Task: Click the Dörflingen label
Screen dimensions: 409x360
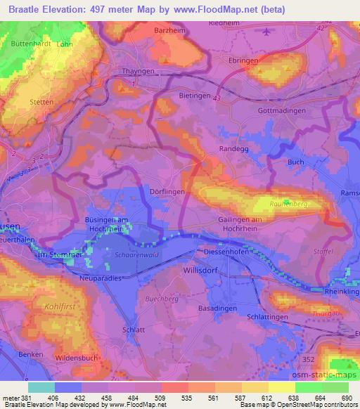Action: [167, 191]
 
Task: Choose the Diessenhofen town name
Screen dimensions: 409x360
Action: [227, 251]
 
